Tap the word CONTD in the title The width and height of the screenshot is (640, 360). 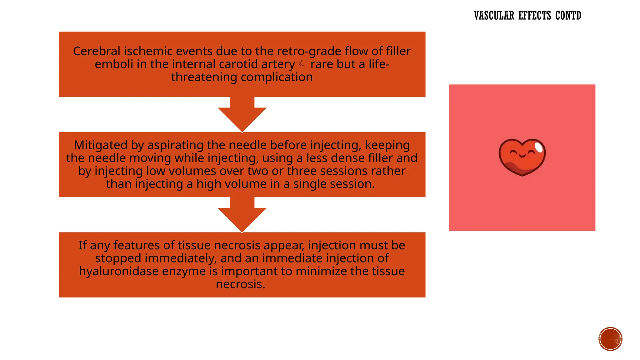pyautogui.click(x=568, y=16)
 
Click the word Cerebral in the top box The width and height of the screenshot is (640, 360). pyautogui.click(x=97, y=51)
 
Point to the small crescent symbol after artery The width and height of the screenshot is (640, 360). pyautogui.click(x=302, y=64)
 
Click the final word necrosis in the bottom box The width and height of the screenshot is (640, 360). pyautogui.click(x=240, y=284)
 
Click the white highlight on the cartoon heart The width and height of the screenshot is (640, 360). pyautogui.click(x=539, y=147)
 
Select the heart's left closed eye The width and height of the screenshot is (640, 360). pyautogui.click(x=513, y=153)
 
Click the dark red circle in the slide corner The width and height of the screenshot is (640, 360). pyautogui.click(x=610, y=339)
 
